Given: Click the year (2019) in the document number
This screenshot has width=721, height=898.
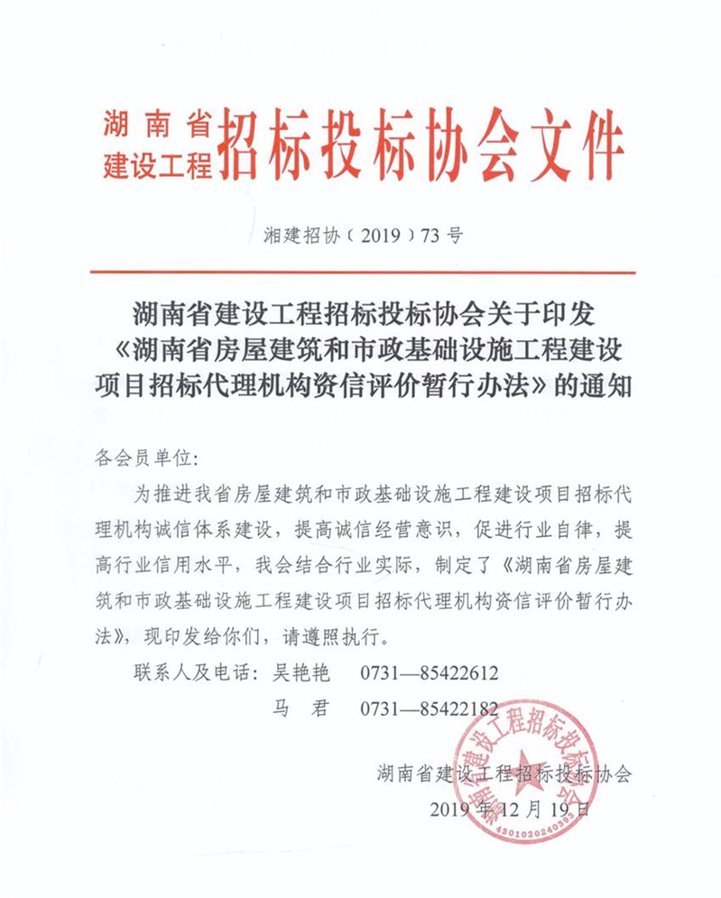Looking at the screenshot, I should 375,237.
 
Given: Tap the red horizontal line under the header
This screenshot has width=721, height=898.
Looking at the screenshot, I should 361,272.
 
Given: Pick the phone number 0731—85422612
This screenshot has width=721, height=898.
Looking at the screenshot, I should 430,673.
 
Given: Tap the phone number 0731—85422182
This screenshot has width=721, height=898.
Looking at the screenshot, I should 430,708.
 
